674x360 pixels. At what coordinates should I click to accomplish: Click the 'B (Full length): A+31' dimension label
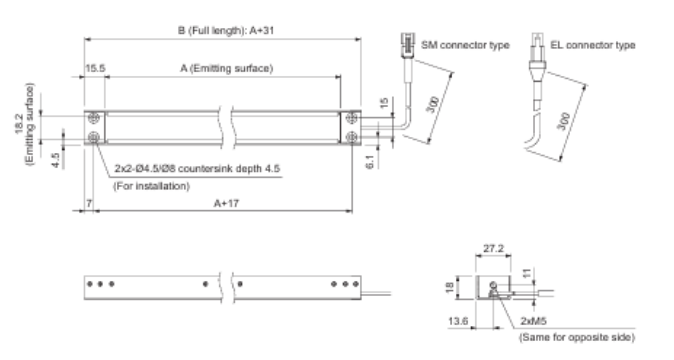[x=226, y=31]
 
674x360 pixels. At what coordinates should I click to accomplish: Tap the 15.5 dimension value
[x=95, y=68]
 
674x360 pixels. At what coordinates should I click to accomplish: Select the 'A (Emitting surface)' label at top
[x=227, y=68]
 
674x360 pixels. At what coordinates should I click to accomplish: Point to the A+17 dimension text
[x=227, y=203]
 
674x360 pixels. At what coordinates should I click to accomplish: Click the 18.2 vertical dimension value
[x=19, y=124]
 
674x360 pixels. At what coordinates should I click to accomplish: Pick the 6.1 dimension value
[x=371, y=162]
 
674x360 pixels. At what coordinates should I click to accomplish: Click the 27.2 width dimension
[x=493, y=248]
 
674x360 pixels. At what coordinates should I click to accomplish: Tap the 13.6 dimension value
[x=458, y=321]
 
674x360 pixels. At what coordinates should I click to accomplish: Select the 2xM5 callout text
[x=533, y=321]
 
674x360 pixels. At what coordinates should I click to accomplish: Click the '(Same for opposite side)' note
[x=576, y=337]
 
